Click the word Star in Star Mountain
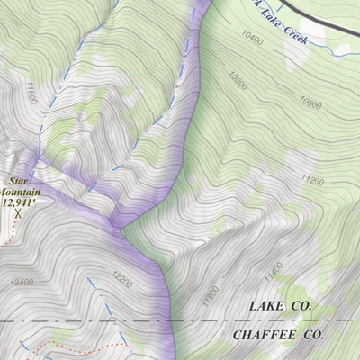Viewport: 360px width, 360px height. point(17,182)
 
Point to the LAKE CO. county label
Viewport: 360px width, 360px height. point(280,307)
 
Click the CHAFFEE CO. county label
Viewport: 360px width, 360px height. point(278,335)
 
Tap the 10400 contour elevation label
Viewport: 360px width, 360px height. point(253,38)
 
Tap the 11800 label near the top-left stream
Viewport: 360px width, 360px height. point(33,93)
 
